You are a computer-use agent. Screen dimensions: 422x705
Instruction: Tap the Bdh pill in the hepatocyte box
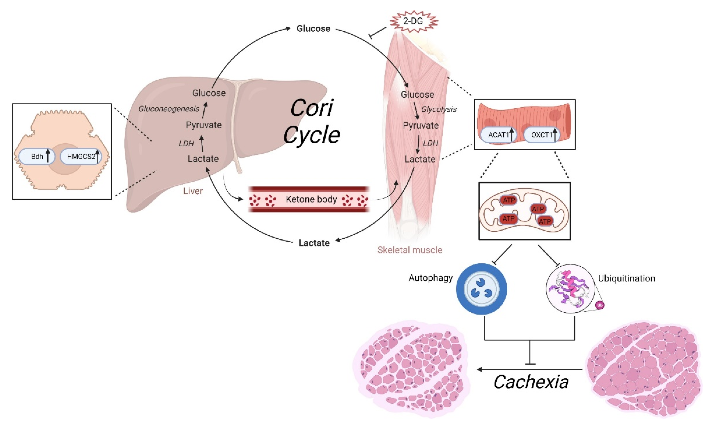point(37,156)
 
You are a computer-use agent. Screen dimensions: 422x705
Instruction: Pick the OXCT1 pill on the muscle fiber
point(541,135)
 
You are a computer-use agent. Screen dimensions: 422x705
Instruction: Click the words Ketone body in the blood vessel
point(311,199)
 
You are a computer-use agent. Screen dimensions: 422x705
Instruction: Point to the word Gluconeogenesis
point(169,109)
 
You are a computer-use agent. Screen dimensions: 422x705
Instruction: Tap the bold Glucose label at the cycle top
point(313,29)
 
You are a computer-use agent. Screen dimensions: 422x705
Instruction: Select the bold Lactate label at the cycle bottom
point(314,243)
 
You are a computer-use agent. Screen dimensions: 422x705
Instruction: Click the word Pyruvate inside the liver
point(204,125)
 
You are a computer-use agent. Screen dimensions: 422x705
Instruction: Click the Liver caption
point(193,191)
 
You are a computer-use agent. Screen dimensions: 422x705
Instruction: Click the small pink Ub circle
point(600,305)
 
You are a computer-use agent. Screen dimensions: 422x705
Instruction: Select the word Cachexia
point(531,382)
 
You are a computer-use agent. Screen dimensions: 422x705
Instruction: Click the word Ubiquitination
point(626,278)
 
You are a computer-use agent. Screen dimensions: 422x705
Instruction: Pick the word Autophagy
point(431,278)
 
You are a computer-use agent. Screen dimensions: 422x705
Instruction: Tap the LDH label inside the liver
point(186,144)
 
